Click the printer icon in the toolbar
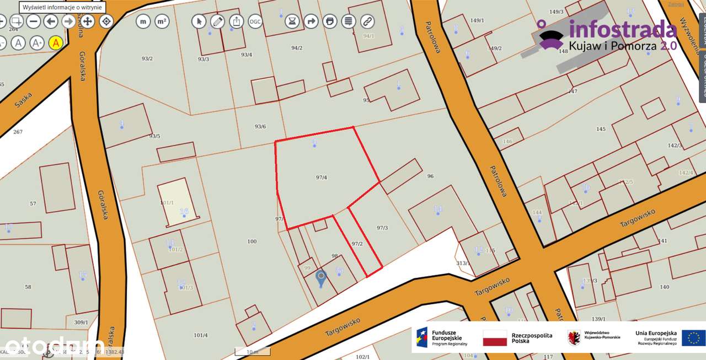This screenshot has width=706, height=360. (x=329, y=22)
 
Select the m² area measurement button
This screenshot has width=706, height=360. (x=162, y=22)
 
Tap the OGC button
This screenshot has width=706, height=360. (x=255, y=22)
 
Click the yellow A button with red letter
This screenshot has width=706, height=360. (x=56, y=42)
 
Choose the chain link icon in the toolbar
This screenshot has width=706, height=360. (x=367, y=22)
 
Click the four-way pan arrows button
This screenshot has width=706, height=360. (x=88, y=22)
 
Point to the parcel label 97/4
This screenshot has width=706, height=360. (x=322, y=178)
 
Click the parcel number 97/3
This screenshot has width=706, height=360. (x=382, y=228)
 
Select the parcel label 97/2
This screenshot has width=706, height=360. (x=357, y=243)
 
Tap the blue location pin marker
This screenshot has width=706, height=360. (x=320, y=277)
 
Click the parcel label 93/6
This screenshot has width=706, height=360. (x=260, y=126)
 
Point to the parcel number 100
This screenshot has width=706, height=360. (x=252, y=241)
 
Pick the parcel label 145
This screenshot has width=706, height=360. (x=601, y=129)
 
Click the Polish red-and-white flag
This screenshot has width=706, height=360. (x=495, y=338)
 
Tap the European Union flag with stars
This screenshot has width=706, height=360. (x=693, y=337)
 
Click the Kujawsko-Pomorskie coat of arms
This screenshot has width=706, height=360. (x=574, y=337)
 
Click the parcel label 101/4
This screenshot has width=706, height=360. (x=201, y=335)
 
